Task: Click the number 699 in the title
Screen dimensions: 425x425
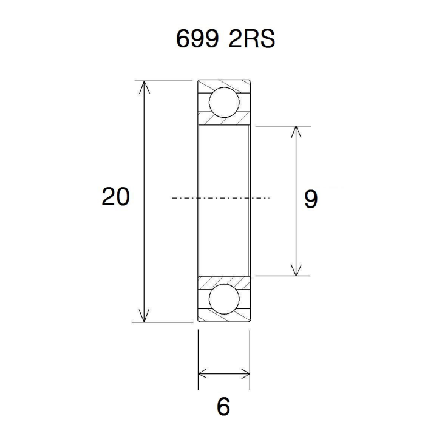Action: pos(197,38)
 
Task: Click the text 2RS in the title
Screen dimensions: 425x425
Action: pos(252,38)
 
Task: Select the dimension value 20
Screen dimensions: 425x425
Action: pos(115,197)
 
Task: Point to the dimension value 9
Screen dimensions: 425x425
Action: pos(311,199)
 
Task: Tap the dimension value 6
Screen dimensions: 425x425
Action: pos(223,407)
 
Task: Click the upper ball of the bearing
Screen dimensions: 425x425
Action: pos(224,102)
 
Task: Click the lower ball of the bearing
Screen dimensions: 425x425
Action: pos(224,299)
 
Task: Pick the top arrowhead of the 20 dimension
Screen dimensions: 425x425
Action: pos(144,87)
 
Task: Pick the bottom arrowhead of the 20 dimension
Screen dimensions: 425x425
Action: pos(144,316)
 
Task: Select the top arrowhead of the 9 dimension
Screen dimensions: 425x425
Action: pos(296,132)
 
